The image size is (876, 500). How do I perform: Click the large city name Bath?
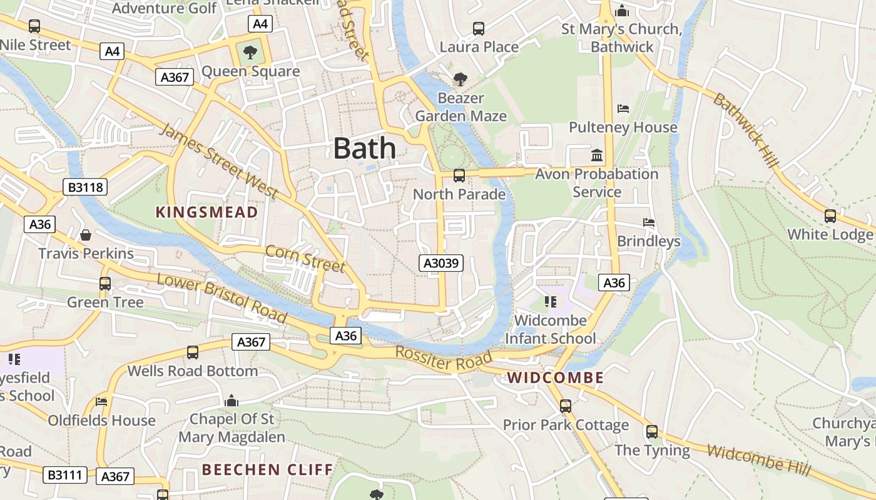(x=365, y=149)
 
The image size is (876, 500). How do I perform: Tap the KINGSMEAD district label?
(x=206, y=212)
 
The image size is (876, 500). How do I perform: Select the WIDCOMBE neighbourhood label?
(x=556, y=377)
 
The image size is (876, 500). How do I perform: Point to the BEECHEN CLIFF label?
(x=267, y=469)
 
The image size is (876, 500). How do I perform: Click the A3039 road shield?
(x=441, y=263)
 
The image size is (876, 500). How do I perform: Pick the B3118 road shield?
(x=85, y=187)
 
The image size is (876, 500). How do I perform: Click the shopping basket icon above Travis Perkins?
(x=86, y=235)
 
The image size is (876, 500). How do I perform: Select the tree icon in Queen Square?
(x=250, y=52)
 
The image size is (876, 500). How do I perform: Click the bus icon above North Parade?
(x=459, y=176)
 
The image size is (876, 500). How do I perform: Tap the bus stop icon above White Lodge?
(x=830, y=216)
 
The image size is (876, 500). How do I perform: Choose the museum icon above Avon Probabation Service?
(x=597, y=155)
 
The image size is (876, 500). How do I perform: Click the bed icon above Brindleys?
(x=649, y=222)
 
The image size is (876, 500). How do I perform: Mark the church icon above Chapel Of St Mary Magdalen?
(x=232, y=400)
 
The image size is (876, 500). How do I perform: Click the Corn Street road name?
(x=305, y=259)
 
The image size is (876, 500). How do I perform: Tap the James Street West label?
(x=218, y=161)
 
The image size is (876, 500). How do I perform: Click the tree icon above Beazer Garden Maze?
(x=461, y=79)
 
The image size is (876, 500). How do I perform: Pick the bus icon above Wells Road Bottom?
(x=193, y=352)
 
